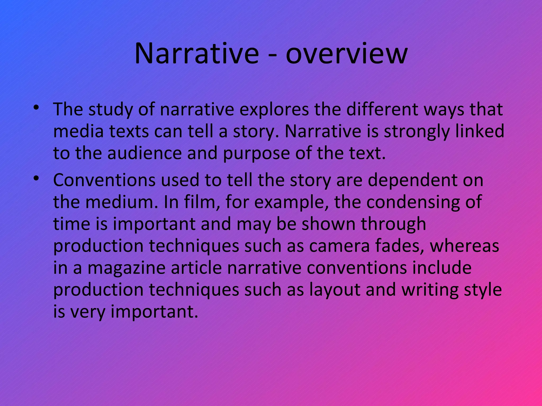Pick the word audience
click(145, 153)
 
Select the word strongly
click(417, 132)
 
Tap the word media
click(78, 132)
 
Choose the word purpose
click(256, 154)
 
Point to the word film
click(202, 202)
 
